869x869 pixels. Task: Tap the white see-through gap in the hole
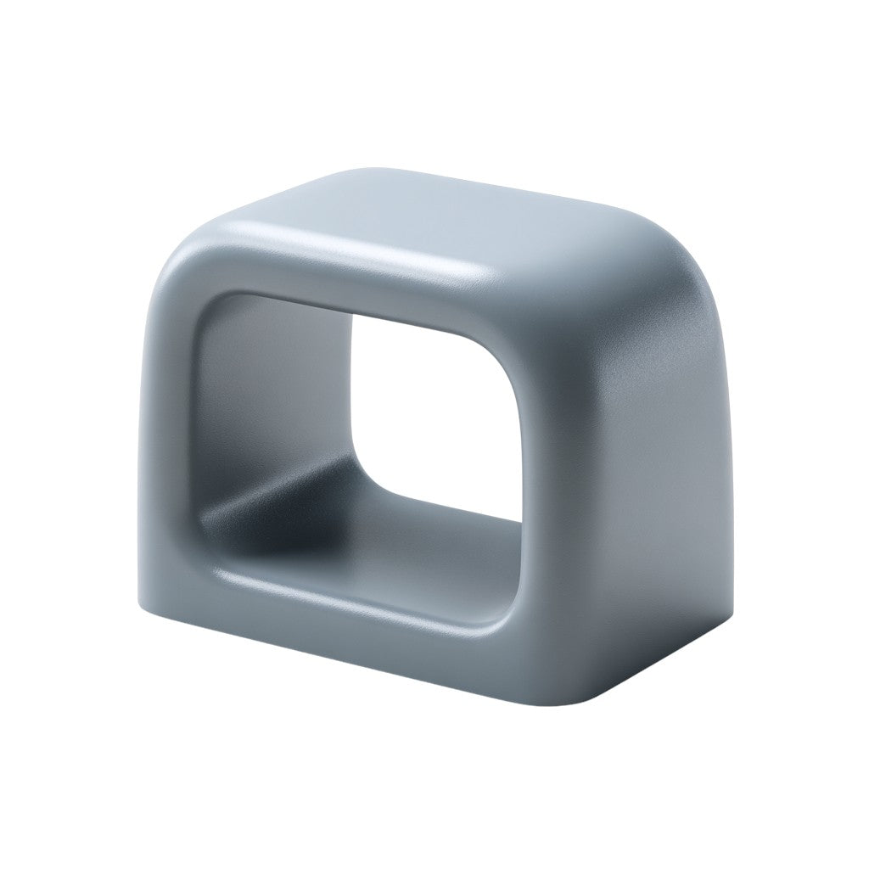(x=441, y=399)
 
